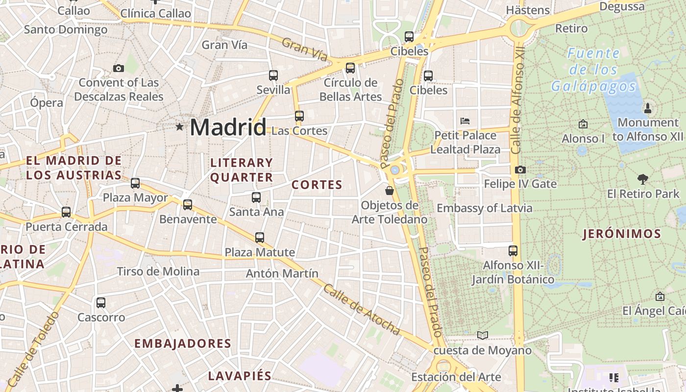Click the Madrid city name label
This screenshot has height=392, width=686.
point(228,127)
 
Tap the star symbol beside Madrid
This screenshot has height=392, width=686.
point(179,127)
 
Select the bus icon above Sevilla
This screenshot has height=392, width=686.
point(273,75)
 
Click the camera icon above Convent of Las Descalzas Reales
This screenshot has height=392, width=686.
point(118,68)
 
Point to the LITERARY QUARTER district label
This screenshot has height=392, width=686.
point(241,170)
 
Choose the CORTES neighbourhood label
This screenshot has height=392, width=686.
point(317,185)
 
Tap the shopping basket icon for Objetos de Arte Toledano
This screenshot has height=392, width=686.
point(390,190)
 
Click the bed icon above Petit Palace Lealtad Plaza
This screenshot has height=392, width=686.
point(465,121)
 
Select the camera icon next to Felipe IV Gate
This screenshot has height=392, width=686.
point(520,170)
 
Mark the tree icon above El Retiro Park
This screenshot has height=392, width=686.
point(643,179)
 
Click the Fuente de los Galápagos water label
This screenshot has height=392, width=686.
point(594,70)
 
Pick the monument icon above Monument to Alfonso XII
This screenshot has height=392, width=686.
point(648,108)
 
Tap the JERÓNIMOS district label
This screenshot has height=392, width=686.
point(622,234)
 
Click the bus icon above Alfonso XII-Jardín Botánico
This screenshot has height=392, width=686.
point(513,251)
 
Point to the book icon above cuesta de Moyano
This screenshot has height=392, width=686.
point(483,335)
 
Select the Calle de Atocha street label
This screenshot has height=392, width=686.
point(361,310)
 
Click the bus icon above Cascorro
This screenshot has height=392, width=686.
point(101,303)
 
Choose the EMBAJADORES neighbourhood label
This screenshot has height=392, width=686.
point(183,343)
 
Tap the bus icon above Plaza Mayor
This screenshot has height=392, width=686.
point(135,183)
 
